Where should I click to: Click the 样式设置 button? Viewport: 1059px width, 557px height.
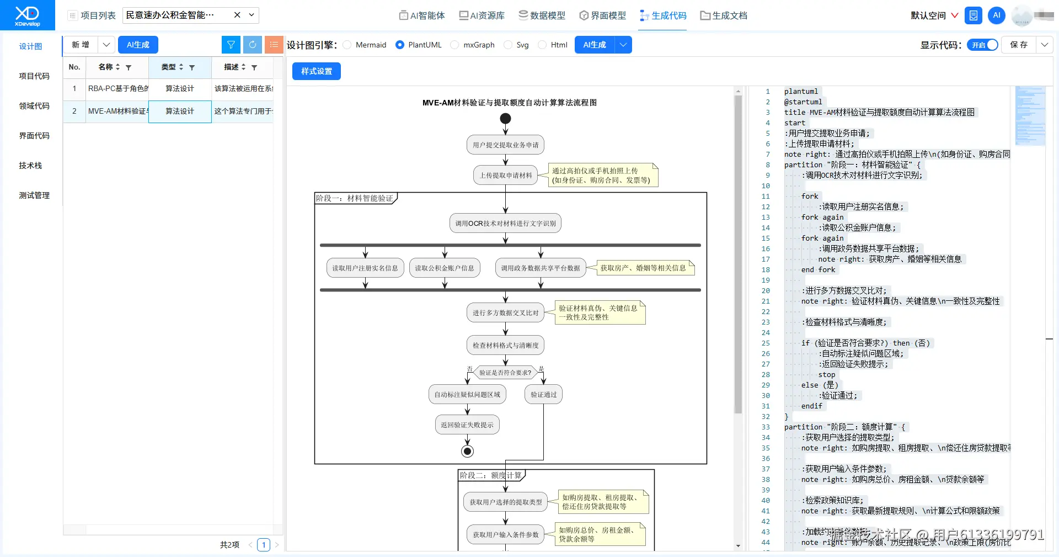click(x=316, y=71)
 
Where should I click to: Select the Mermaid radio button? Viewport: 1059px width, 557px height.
click(x=347, y=45)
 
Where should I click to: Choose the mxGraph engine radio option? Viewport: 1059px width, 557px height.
click(x=455, y=45)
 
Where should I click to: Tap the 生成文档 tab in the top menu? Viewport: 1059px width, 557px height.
click(x=723, y=15)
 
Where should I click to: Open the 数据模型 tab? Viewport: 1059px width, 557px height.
click(x=542, y=15)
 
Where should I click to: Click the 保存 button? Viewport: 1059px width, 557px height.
click(x=1018, y=45)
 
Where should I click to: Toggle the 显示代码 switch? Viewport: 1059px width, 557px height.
click(x=982, y=45)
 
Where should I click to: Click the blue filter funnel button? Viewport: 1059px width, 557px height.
click(x=231, y=45)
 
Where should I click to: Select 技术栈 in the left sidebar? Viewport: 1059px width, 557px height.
click(x=30, y=166)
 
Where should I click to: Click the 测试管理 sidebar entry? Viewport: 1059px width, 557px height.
click(x=34, y=195)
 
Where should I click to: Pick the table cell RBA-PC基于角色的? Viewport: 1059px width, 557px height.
click(x=117, y=88)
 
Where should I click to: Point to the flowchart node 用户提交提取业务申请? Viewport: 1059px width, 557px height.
click(x=505, y=145)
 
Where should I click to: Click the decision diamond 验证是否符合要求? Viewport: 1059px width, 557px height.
click(x=505, y=373)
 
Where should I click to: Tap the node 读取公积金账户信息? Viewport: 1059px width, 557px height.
click(x=445, y=268)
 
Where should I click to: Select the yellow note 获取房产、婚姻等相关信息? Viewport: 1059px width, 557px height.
click(x=643, y=268)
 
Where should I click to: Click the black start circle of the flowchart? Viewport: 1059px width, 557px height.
click(x=505, y=119)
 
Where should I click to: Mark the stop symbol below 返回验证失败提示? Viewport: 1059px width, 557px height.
click(x=468, y=452)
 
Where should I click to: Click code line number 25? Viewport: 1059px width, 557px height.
click(x=766, y=343)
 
